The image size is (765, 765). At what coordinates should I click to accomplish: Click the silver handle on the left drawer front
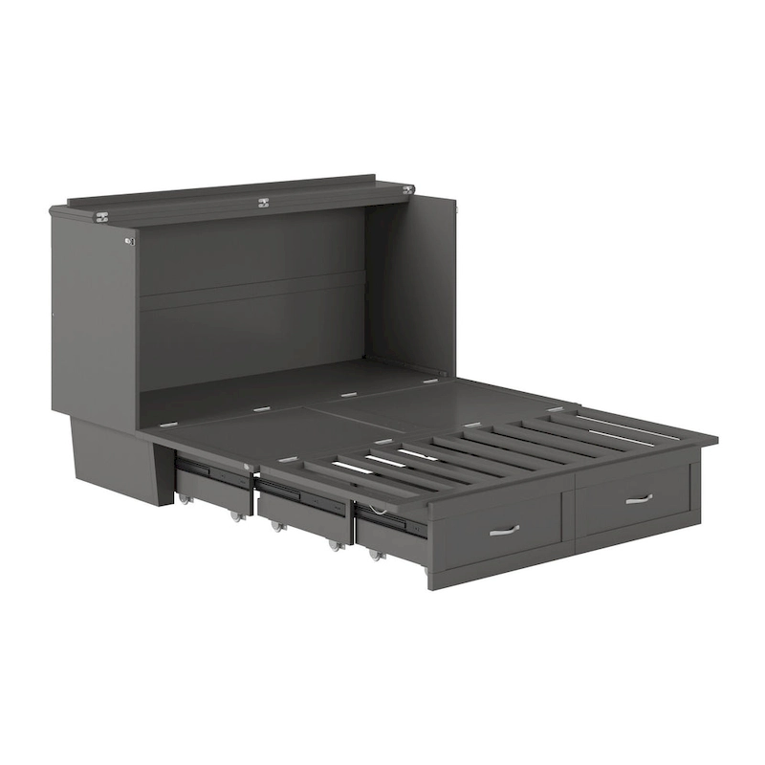click(x=504, y=530)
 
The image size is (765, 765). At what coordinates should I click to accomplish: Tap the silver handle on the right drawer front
click(x=639, y=498)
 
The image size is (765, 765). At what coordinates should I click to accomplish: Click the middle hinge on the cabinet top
click(x=263, y=203)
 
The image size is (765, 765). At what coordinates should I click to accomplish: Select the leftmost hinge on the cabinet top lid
click(x=101, y=217)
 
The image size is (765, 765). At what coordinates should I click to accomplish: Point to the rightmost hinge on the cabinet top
click(x=408, y=189)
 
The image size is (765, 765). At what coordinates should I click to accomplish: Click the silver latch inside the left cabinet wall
click(x=129, y=241)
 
